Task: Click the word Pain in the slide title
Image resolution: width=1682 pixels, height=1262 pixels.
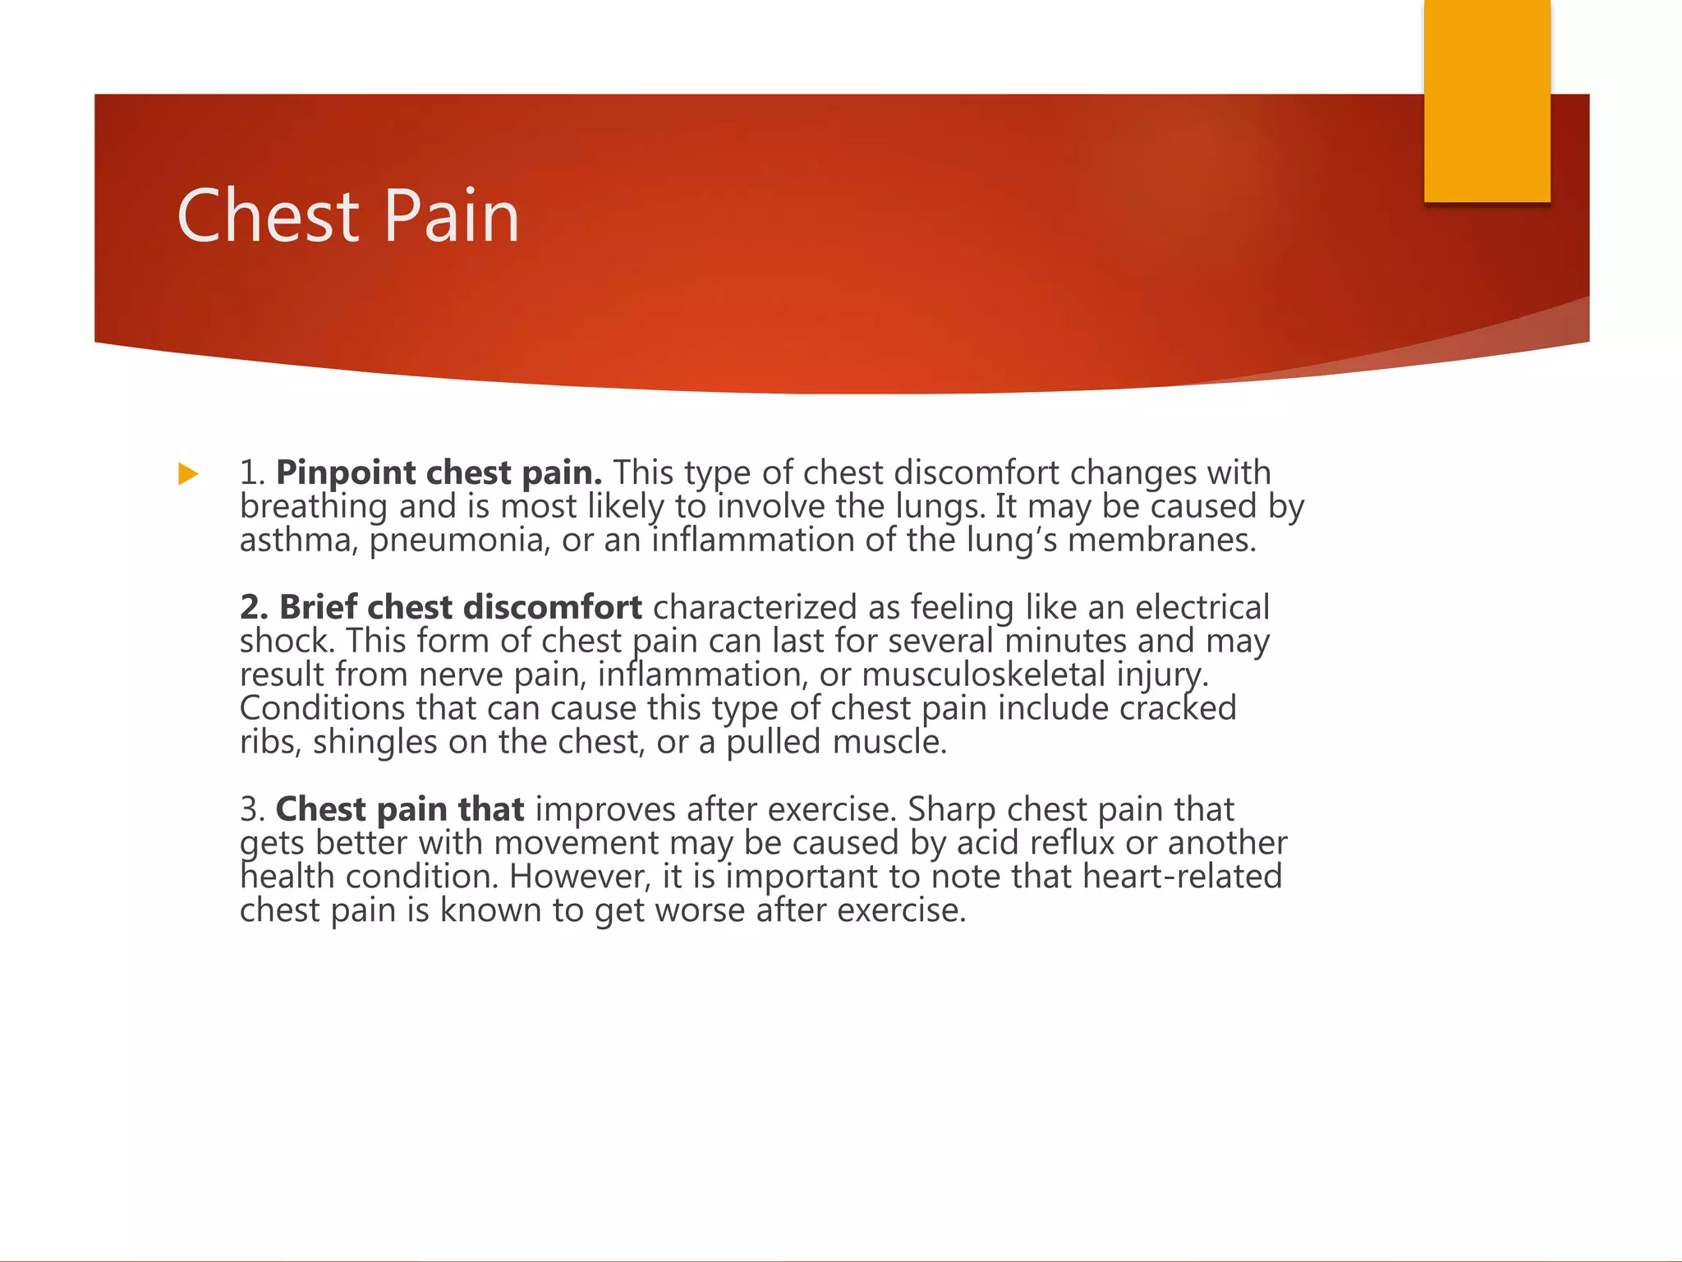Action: (x=451, y=215)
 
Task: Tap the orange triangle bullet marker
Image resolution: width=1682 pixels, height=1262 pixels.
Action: (x=188, y=474)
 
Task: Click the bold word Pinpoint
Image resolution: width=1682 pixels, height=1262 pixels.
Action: (x=346, y=473)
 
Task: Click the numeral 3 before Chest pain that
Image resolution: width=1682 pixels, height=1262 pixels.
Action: (x=250, y=810)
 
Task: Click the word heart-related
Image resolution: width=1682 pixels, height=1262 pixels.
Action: (x=1182, y=877)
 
